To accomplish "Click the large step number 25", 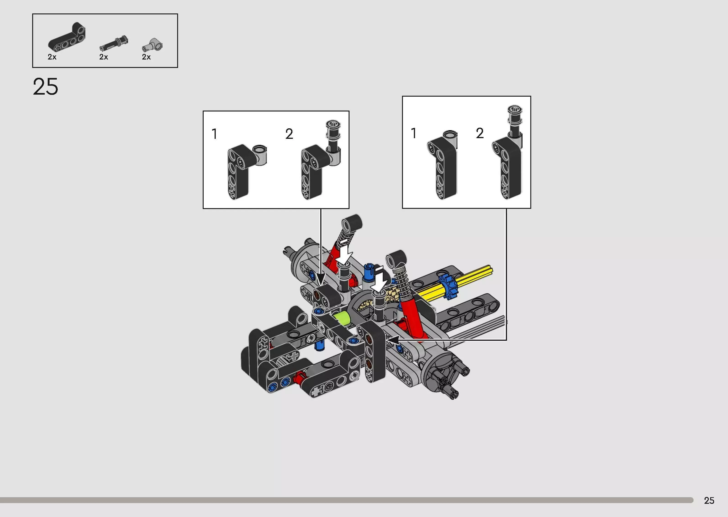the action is [46, 87].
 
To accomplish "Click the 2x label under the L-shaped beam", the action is [52, 57].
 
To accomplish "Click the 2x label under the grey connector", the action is [146, 57].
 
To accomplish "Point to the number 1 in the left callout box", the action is [215, 134].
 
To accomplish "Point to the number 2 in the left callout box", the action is [289, 134].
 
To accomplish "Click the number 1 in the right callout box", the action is [413, 133].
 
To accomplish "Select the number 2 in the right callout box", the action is [480, 133].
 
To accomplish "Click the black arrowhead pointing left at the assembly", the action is [393, 340].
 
